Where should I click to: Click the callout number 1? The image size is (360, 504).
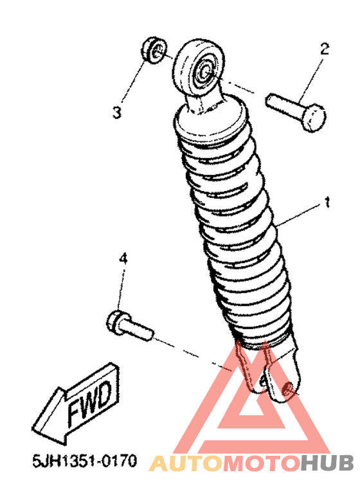[x=327, y=203]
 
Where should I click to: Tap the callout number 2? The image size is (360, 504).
[x=324, y=49]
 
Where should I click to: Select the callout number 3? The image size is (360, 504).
[x=117, y=113]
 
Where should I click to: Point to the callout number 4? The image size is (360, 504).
[x=123, y=260]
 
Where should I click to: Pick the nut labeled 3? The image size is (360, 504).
[x=153, y=51]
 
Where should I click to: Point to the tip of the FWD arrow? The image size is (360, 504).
[x=33, y=429]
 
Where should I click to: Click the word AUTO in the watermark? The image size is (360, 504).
[x=186, y=463]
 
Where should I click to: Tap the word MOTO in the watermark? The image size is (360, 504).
[x=261, y=463]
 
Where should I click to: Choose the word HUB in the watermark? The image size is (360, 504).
[x=327, y=463]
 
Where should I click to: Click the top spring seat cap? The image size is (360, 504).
[x=211, y=121]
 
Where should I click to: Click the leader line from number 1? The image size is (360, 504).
[x=298, y=215]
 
